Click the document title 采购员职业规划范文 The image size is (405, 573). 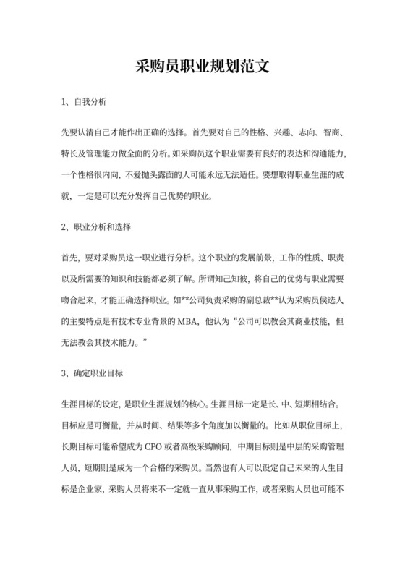click(x=202, y=67)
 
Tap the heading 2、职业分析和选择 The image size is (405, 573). click(x=96, y=227)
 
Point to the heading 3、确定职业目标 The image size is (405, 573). click(x=93, y=373)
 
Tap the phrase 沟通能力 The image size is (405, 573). click(x=321, y=154)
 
